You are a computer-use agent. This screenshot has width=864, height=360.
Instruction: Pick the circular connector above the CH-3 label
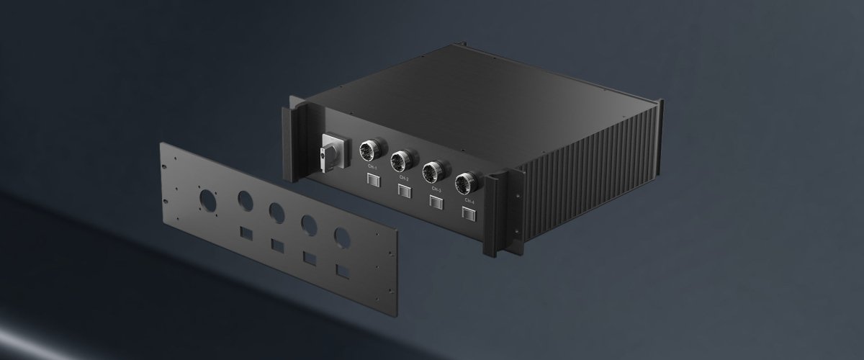433,171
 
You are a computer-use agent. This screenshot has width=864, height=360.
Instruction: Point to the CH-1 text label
372,168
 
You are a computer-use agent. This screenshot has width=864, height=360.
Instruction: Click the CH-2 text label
404,178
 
